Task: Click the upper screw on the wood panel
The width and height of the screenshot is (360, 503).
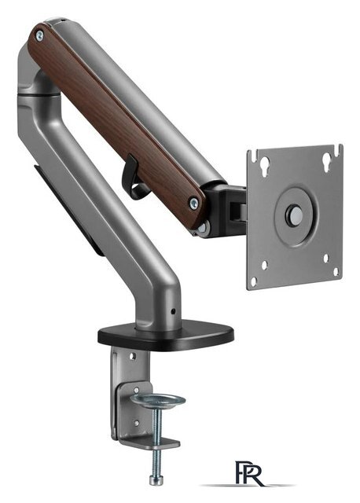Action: coord(39,35)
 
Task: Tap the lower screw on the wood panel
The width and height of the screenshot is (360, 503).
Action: coord(194,203)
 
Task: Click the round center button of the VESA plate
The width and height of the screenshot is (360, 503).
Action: coord(294,214)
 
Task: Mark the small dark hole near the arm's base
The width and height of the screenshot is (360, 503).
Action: coord(173,311)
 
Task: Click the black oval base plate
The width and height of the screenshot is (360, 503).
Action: coord(166,336)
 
